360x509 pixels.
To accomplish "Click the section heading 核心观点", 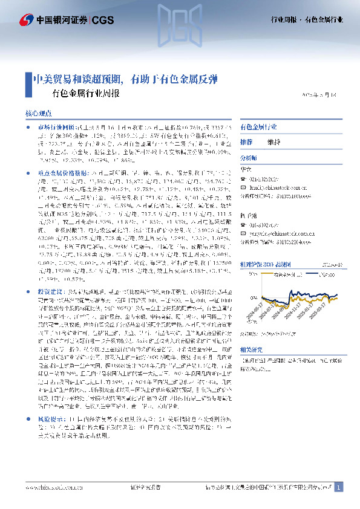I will point(42,113).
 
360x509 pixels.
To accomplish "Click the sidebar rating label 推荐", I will point(246,142).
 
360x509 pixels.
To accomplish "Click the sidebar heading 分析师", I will point(249,157).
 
